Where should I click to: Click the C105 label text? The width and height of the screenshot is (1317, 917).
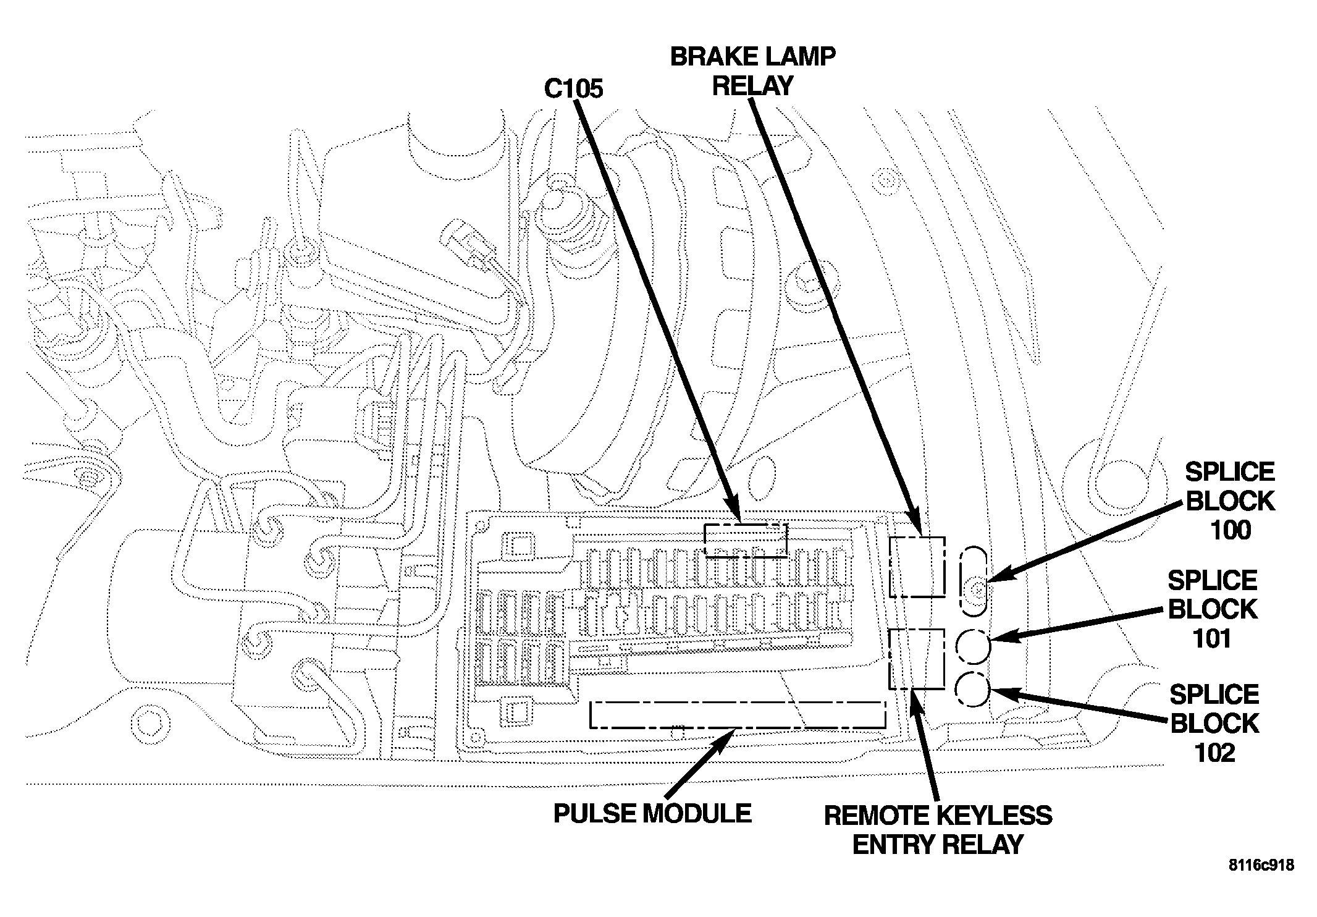pyautogui.click(x=573, y=89)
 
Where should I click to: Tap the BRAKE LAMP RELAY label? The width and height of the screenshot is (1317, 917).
pyautogui.click(x=753, y=72)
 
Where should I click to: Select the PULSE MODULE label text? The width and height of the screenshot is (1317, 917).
pyautogui.click(x=652, y=814)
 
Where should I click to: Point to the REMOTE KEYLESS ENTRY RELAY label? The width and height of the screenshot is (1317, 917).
pyautogui.click(x=938, y=830)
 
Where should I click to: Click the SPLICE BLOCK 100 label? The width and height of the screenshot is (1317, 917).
pyautogui.click(x=1230, y=501)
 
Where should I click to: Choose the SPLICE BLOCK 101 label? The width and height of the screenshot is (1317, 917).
pyautogui.click(x=1213, y=610)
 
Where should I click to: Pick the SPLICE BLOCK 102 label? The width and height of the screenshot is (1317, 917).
pyautogui.click(x=1214, y=724)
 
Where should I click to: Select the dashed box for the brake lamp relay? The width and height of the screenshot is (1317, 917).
pyautogui.click(x=917, y=537)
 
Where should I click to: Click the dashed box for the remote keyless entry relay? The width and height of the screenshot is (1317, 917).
pyautogui.click(x=917, y=630)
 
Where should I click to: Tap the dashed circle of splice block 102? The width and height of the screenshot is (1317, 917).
pyautogui.click(x=955, y=690)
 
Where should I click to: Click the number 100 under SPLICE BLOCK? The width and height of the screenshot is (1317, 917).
pyautogui.click(x=1231, y=530)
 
